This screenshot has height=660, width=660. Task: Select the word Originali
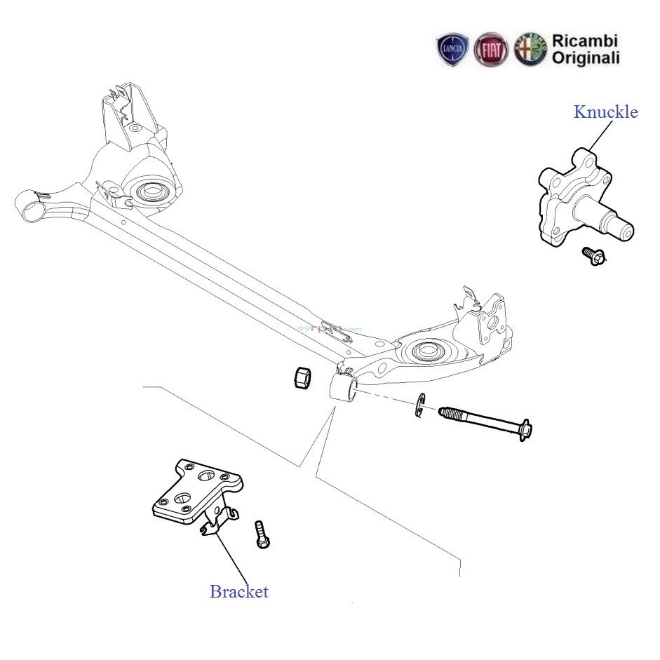[x=586, y=58]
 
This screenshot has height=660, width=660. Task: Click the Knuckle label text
[x=606, y=112]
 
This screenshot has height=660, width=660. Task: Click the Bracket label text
[x=238, y=591]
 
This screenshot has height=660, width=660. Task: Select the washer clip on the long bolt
[x=420, y=406]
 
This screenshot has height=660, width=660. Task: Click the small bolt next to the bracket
[x=262, y=534]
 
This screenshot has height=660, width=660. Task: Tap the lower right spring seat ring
[x=428, y=351]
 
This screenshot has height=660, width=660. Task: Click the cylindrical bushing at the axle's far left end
[x=32, y=205]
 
